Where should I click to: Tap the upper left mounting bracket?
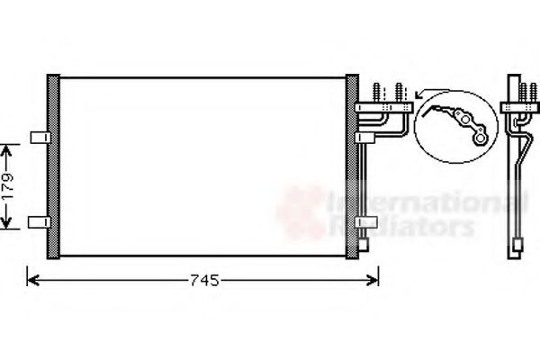[39, 137]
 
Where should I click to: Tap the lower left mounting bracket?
[39, 221]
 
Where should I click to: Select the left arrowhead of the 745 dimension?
[33, 280]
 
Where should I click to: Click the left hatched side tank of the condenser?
[54, 166]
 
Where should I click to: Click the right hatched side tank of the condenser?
[352, 166]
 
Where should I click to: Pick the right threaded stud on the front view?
[397, 93]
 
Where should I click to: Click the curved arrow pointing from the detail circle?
[424, 93]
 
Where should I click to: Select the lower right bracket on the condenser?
[365, 221]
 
